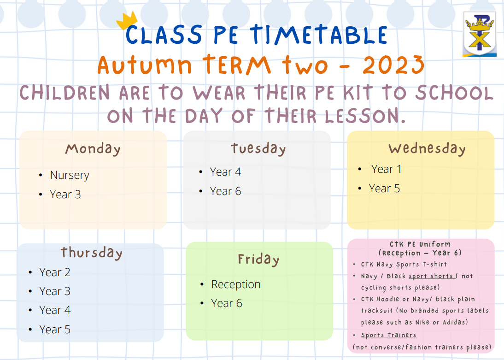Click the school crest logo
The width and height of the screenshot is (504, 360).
(480, 34)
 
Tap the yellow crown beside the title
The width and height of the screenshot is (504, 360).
(127, 21)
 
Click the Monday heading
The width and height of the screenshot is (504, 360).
(93, 149)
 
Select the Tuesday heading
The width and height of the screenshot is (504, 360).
(258, 148)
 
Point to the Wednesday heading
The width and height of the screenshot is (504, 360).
(427, 148)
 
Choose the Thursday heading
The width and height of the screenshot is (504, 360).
(92, 253)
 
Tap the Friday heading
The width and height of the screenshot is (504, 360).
(258, 260)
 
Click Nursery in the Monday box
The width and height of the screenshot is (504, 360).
(70, 175)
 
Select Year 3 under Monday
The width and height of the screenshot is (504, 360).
(65, 195)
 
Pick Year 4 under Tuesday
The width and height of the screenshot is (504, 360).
(225, 172)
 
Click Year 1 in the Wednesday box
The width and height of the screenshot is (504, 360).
(387, 169)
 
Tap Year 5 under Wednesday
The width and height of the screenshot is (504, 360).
(384, 189)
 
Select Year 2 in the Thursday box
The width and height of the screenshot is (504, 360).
(55, 272)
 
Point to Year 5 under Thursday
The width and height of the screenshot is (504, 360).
(55, 330)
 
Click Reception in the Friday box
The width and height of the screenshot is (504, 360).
(236, 284)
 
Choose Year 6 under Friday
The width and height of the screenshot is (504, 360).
(227, 303)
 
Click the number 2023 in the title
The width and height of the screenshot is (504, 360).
(393, 65)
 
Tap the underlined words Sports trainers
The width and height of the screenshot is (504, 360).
(389, 335)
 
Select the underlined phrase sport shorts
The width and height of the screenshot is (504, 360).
(431, 276)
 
